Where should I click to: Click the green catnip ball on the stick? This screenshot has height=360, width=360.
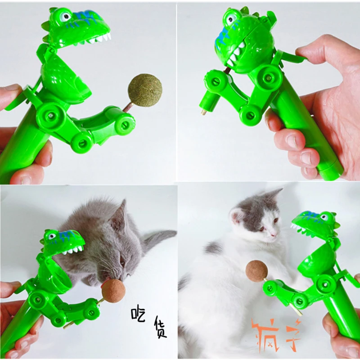[x=145, y=90]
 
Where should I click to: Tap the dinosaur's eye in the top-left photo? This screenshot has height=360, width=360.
[x=65, y=17]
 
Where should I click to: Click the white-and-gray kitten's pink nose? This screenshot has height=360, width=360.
[x=274, y=234]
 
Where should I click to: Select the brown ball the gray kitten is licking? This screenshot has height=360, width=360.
[x=113, y=291]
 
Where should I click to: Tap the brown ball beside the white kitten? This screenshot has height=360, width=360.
[x=256, y=271]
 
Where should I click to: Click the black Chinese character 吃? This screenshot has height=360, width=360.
[x=138, y=313]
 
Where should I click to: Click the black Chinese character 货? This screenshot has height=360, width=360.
[x=160, y=327]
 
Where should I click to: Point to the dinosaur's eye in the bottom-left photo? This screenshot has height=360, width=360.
[x=52, y=236]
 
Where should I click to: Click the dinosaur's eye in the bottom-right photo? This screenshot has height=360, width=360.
[x=324, y=217]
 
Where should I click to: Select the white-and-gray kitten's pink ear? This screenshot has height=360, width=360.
[x=237, y=216]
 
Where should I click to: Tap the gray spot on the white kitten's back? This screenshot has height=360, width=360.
[x=213, y=248]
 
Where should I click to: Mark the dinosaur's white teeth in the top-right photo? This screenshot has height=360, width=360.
[x=234, y=54]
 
